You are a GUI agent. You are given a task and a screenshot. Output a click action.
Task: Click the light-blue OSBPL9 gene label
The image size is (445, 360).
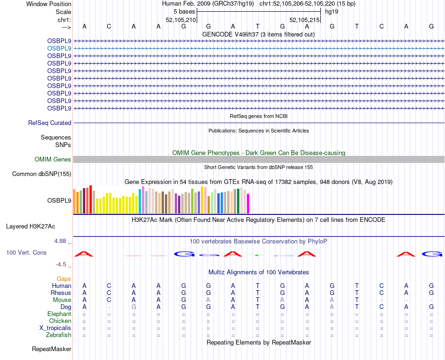coord(59,48)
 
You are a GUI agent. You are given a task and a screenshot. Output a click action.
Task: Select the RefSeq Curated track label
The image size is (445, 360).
coord(50,123)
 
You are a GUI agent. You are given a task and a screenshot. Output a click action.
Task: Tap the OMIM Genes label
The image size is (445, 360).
coord(53,160)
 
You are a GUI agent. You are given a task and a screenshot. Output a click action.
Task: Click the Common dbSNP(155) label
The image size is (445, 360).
coord(42,174)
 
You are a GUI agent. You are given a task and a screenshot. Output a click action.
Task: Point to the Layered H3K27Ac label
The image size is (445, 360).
coord(30,227)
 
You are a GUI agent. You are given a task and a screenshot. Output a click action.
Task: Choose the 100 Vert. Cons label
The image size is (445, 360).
coord(26,253)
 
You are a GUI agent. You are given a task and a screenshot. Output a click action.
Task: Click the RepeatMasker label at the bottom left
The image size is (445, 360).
coord(52,349)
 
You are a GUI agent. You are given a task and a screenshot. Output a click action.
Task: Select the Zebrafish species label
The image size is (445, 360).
coord(59,335)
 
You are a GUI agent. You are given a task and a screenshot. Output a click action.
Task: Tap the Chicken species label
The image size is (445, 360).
coord(60,321)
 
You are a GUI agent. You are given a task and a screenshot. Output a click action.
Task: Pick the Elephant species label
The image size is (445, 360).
coord(59,314)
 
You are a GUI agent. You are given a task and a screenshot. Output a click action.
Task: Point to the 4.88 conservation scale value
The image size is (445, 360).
coord(61,241)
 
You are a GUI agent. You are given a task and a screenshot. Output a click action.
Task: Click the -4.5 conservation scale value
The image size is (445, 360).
coord(61,264)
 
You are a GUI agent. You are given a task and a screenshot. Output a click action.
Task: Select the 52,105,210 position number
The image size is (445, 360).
coord(181,20)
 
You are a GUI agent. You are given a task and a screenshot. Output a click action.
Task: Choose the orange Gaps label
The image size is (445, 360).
coord(64,279)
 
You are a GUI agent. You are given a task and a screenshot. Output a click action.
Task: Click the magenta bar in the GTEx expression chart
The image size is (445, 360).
coord(248,204)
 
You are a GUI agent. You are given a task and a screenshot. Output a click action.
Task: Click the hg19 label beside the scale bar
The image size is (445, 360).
coord(332,11)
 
